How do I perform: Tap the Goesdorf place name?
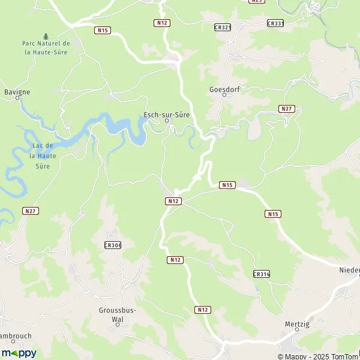[224, 89]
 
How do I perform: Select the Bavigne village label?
[17, 92]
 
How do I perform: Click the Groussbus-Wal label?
[118, 314]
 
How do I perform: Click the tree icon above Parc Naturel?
[46, 36]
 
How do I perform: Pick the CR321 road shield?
[222, 27]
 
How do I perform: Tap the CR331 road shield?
[275, 23]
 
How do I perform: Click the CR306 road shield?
[112, 245]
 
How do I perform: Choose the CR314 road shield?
[262, 274]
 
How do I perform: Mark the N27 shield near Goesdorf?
[287, 109]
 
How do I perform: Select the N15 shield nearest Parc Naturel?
[101, 29]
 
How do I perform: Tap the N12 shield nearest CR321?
[161, 23]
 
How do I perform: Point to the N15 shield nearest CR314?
[273, 214]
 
